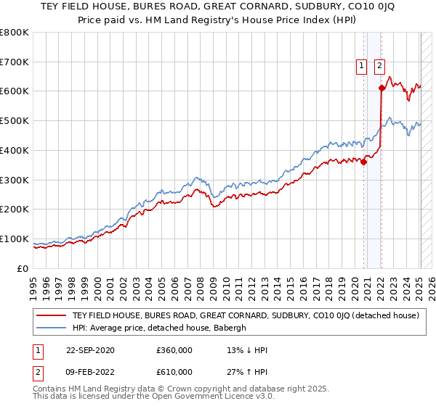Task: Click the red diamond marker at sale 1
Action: pos(363,162)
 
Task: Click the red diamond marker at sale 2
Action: pos(381,88)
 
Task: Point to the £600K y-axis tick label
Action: pos(14,91)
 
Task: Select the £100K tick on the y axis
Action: pos(14,239)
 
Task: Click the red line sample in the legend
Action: pos(52,316)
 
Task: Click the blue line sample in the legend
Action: pos(52,328)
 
